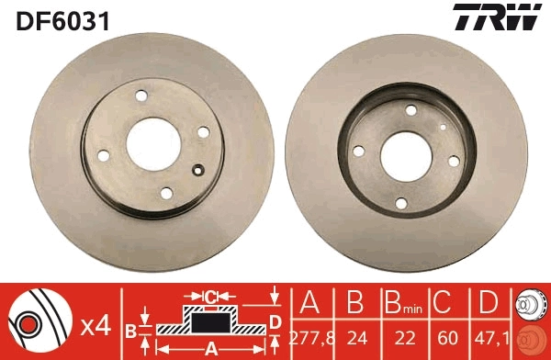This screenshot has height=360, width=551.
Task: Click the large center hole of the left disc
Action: tap(153, 143)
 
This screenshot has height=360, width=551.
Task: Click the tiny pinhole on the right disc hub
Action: tap(443, 127)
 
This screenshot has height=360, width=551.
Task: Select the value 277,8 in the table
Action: tap(309, 339)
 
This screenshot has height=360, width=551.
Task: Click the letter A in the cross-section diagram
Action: tap(209, 348)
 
